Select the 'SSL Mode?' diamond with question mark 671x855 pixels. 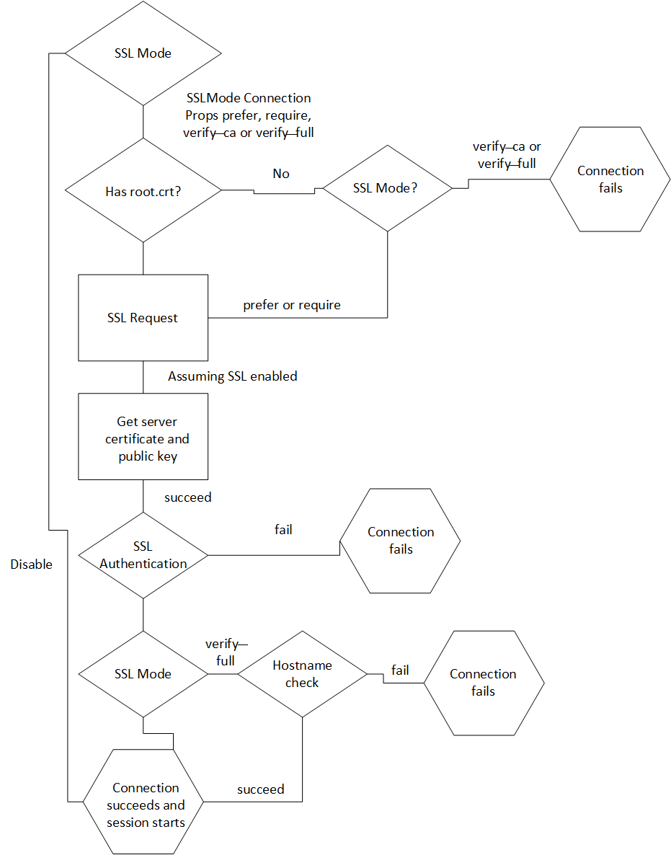(387, 188)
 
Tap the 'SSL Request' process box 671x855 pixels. (143, 317)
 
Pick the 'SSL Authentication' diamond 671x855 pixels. (143, 555)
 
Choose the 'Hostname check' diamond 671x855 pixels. (302, 674)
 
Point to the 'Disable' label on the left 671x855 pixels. (31, 564)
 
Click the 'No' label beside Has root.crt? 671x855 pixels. (281, 174)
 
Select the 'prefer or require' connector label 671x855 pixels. (292, 305)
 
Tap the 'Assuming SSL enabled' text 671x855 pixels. (232, 376)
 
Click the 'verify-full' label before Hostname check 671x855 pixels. (226, 652)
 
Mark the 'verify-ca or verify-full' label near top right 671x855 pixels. (507, 155)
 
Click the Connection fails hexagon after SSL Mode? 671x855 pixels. (610, 180)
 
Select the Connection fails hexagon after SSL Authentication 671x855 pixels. (400, 541)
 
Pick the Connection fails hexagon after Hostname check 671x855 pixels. (483, 683)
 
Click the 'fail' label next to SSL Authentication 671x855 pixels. (283, 529)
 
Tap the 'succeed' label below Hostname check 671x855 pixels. (260, 789)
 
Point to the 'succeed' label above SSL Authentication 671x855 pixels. (187, 497)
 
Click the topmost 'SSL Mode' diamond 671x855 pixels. (143, 53)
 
